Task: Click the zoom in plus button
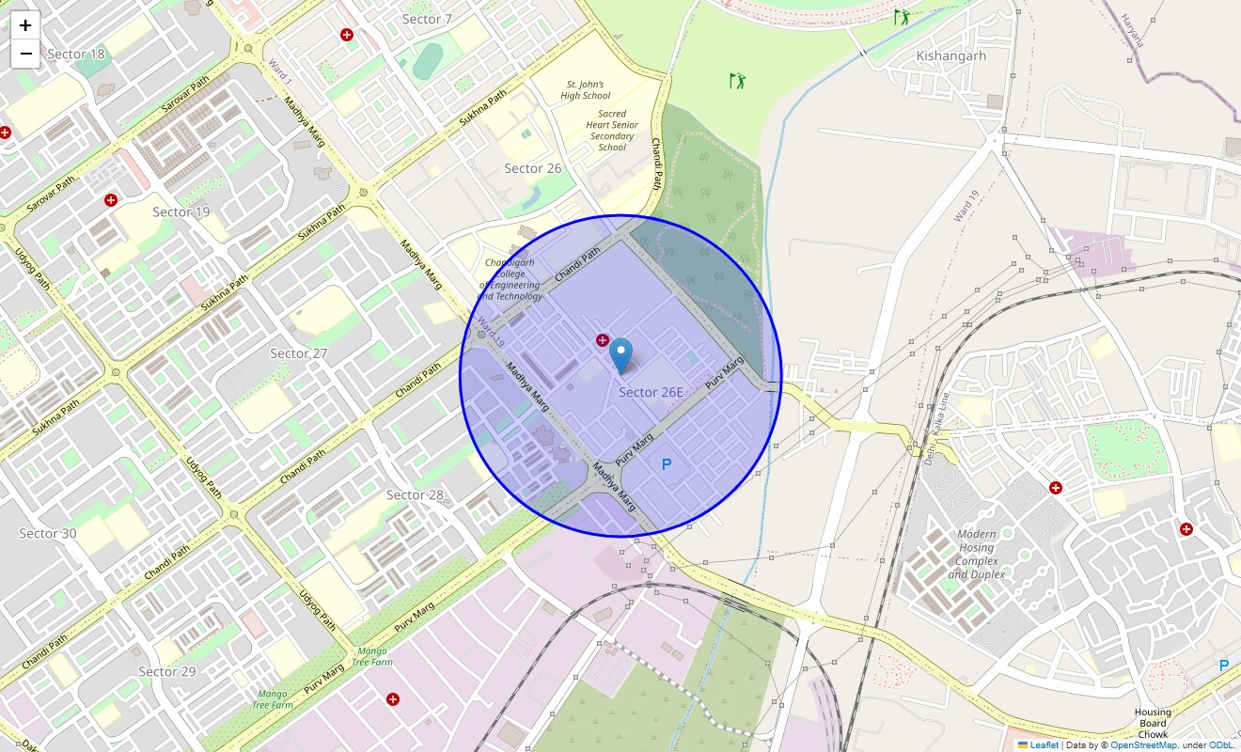point(26,25)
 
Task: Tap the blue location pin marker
point(620,356)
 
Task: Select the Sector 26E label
point(651,392)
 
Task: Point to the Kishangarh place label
point(951,55)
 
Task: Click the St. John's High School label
point(585,89)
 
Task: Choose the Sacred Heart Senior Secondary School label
point(611,130)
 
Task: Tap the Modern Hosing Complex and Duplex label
point(977,554)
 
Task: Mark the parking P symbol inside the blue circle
point(667,464)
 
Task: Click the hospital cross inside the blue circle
point(602,340)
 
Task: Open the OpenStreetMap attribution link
point(1143,745)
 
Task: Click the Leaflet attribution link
point(1044,745)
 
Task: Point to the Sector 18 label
point(76,54)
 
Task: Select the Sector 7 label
point(427,19)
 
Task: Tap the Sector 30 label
point(48,533)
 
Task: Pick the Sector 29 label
point(167,671)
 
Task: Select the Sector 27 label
point(299,353)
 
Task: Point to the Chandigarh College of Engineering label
point(511,279)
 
